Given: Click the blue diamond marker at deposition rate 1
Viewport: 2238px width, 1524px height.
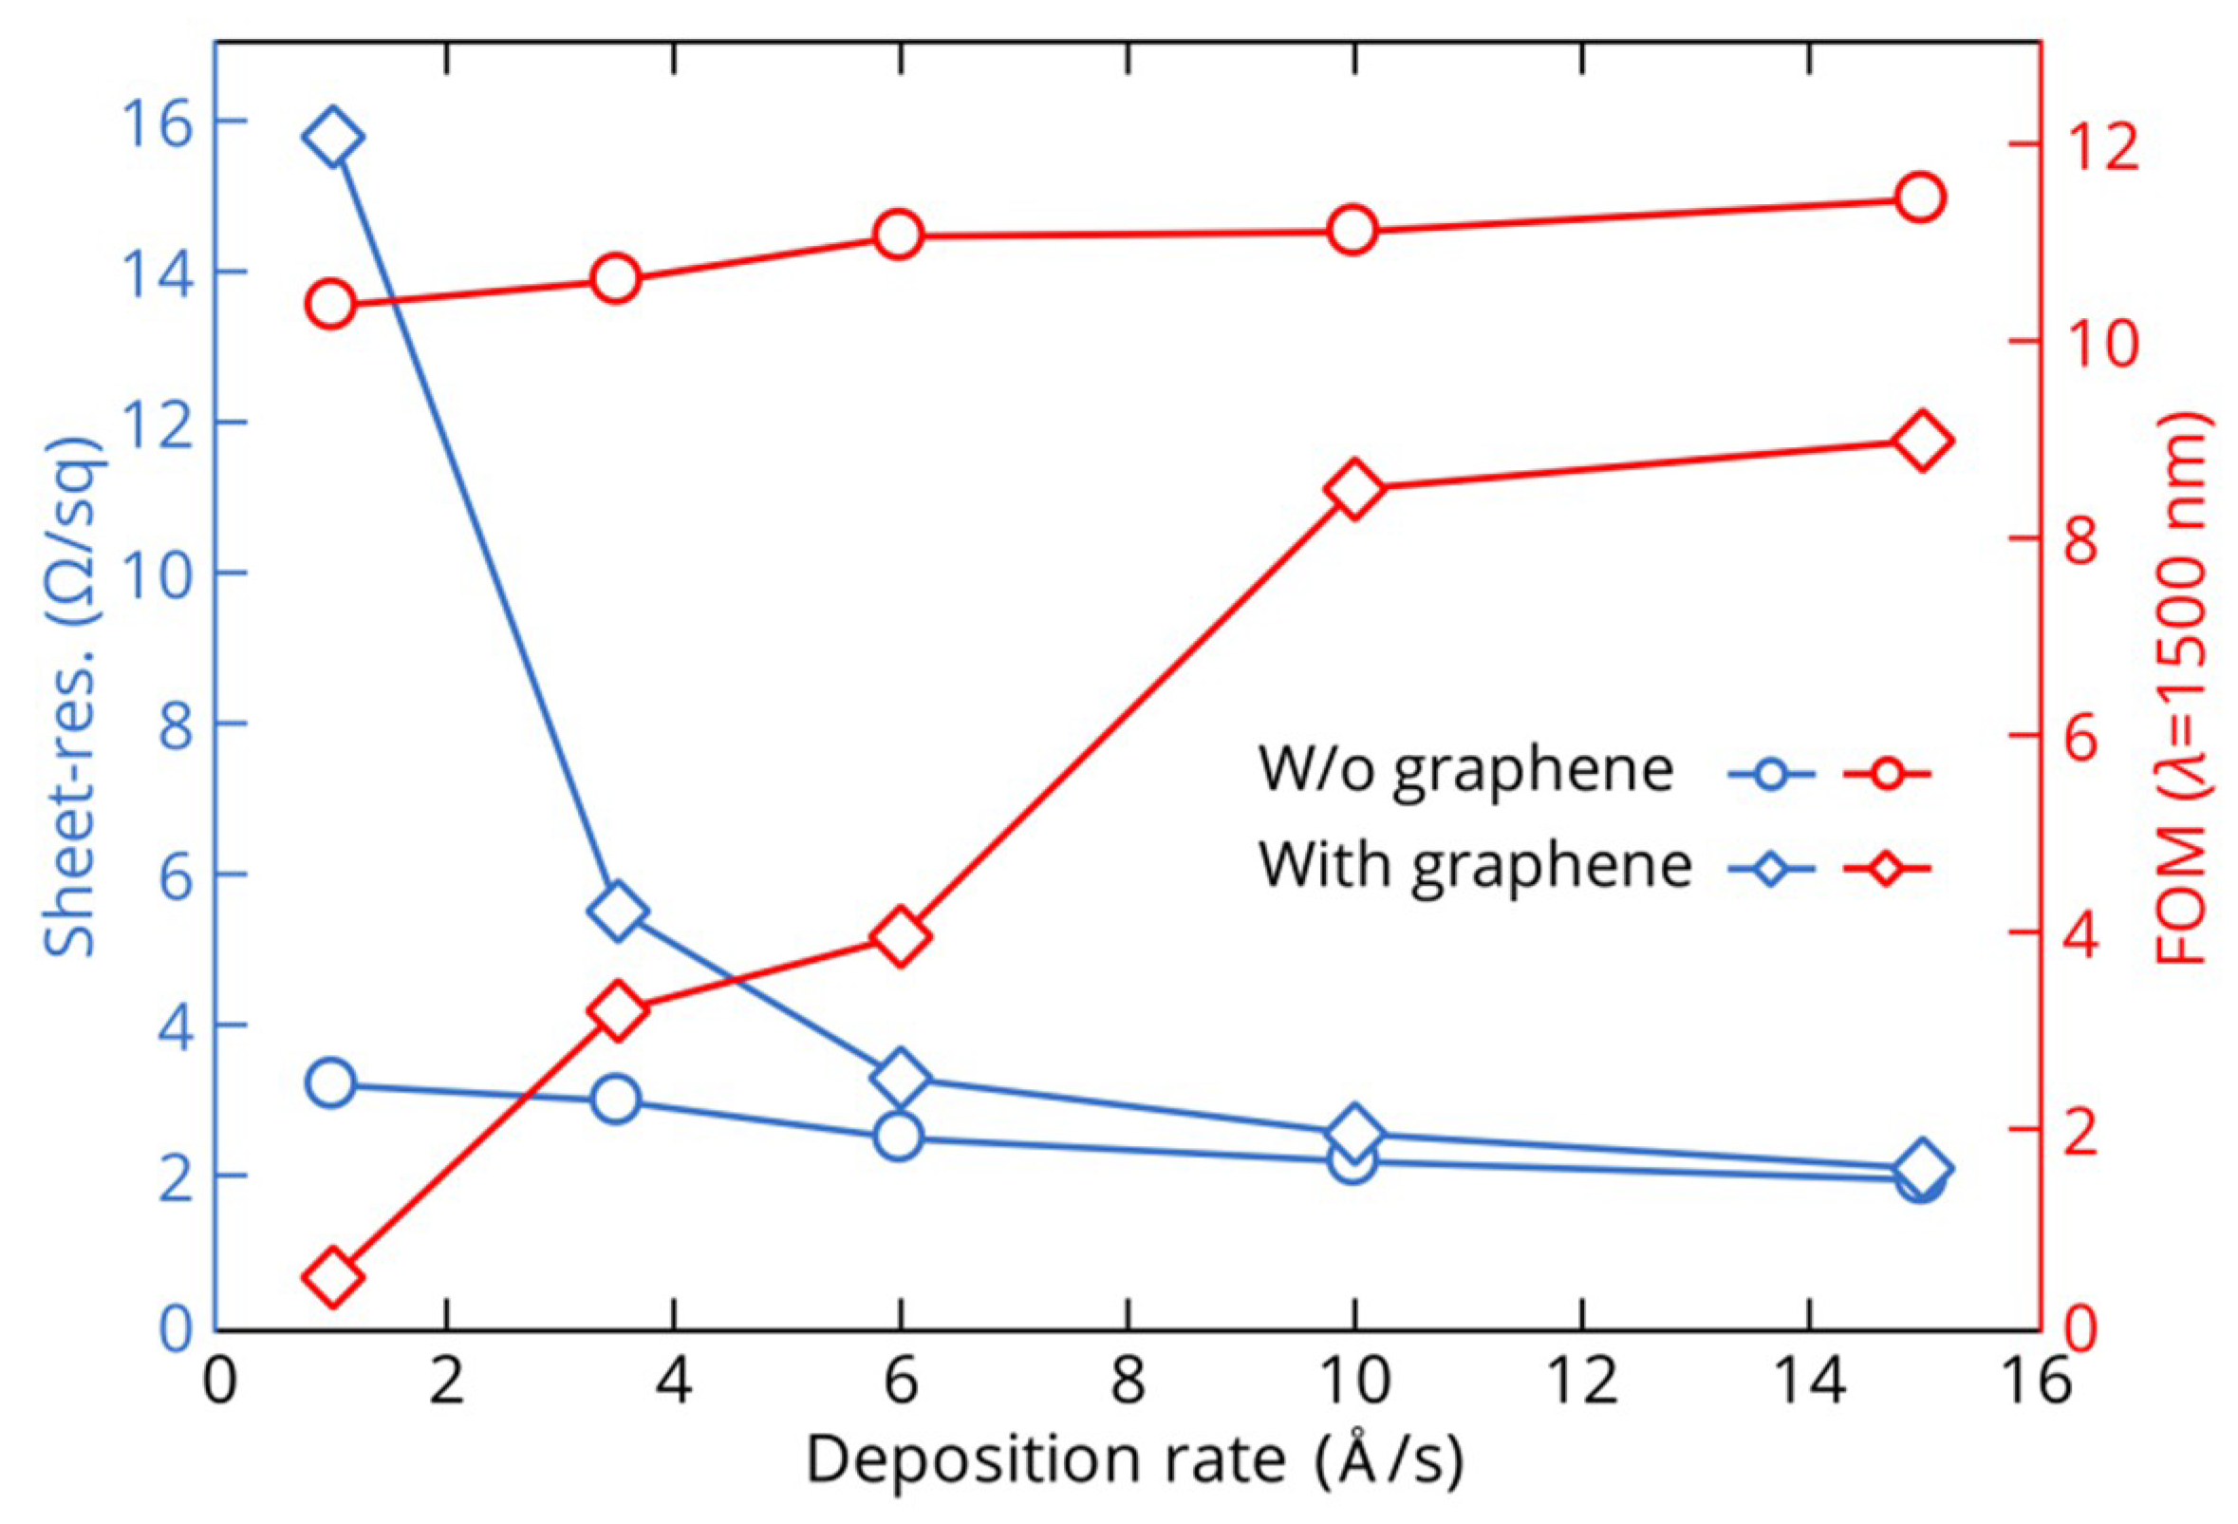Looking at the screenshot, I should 331,138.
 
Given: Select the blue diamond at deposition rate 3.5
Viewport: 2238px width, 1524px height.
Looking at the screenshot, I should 615,911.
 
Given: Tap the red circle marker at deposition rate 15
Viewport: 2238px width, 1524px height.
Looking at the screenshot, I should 1919,198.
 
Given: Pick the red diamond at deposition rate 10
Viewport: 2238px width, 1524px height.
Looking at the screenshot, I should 1353,489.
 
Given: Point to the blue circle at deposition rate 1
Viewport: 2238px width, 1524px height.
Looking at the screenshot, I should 331,1083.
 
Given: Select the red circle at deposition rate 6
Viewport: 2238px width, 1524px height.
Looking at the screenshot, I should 899,236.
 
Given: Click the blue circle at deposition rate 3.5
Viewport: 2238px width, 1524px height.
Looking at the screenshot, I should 615,1100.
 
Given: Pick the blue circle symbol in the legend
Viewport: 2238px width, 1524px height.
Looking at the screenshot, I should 1771,774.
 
